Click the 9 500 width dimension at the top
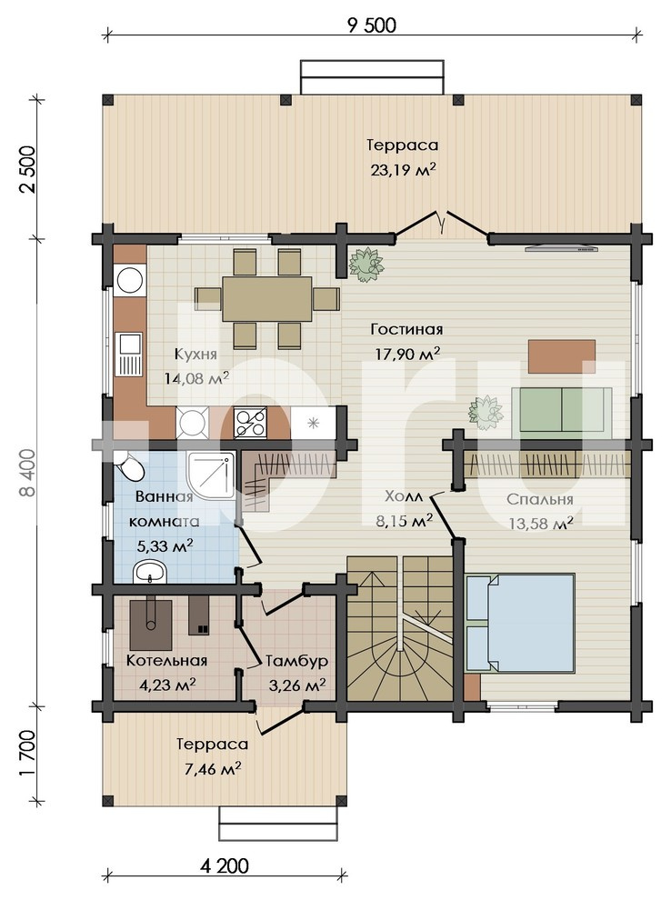point(371,25)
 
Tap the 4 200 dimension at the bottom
point(225,865)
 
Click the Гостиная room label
point(406,329)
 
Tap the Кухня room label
point(195,355)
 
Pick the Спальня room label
point(539,499)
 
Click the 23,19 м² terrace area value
point(403,170)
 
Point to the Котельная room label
point(166,661)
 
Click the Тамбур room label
point(296,661)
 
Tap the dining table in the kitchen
point(267,298)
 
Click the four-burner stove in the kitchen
point(250,423)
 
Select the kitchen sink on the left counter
point(130,355)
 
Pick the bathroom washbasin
point(150,572)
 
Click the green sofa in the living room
point(561,410)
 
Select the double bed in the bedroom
point(520,623)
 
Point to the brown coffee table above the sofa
point(562,356)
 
